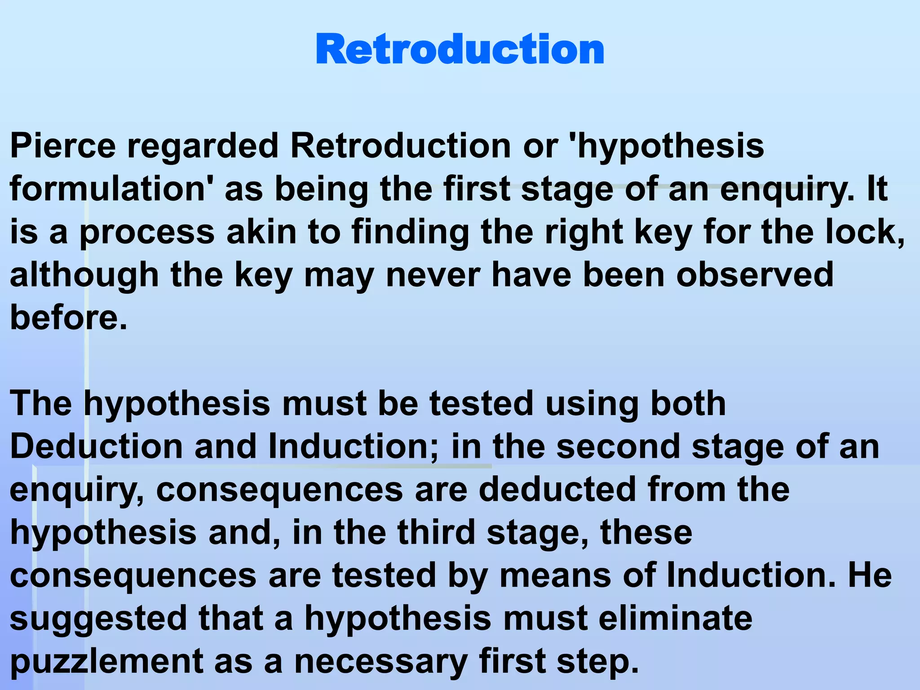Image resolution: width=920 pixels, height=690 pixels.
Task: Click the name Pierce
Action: point(63,146)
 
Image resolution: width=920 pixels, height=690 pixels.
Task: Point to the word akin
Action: point(261,232)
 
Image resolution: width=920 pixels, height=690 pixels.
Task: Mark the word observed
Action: point(755,275)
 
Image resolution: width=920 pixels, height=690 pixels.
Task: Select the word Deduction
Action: point(96,447)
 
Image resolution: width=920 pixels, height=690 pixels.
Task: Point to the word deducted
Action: point(557,490)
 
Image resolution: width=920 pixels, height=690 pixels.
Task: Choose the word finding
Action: point(410,232)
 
